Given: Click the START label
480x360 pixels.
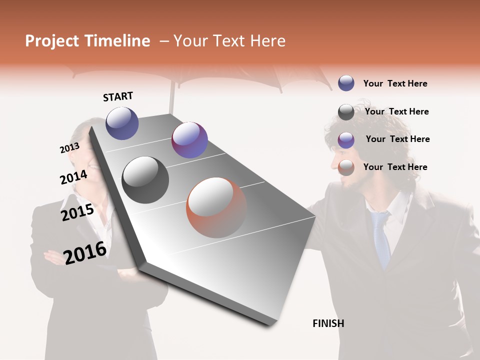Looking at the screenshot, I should coord(118,96).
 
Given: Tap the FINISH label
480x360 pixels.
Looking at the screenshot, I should coord(328,323).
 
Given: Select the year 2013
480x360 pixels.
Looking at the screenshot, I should coord(69,148).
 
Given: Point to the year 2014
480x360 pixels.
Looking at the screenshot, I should coord(73,177).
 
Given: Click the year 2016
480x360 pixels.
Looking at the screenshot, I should coord(85,252).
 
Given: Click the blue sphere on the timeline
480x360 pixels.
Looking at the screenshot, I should coord(122,123).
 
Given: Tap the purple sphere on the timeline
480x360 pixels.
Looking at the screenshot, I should coord(189,140).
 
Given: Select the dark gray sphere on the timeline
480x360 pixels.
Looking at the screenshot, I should coord(145,180).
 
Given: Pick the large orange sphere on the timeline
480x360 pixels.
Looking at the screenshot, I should coord(216,207).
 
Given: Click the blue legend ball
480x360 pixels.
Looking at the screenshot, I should coord(346,83).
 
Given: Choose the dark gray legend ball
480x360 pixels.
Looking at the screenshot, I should coord(346,112).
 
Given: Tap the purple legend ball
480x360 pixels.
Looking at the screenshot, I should coord(346,140).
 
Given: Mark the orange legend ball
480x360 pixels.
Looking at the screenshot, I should coord(346,168).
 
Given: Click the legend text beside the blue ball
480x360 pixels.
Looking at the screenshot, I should coord(395,83).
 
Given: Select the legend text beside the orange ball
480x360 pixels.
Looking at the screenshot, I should coord(395,167).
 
